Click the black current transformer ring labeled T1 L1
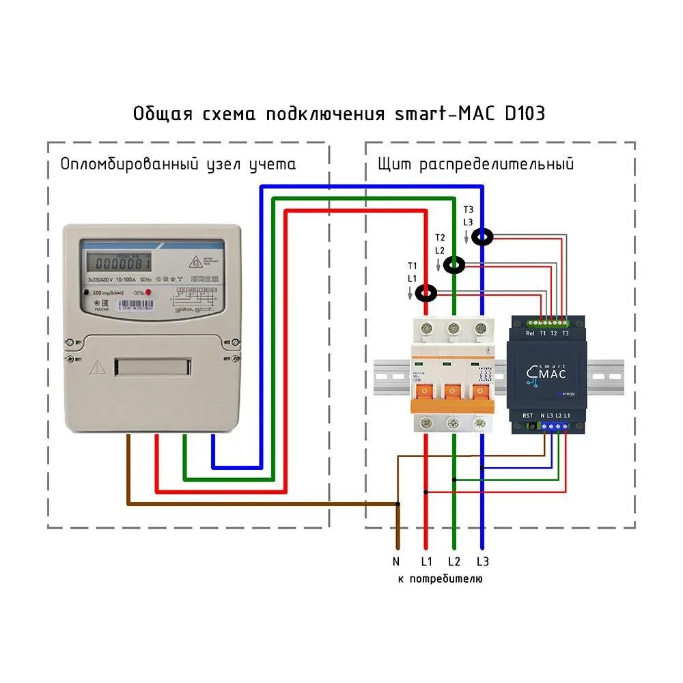click(x=427, y=294)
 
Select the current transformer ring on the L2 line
click(x=455, y=265)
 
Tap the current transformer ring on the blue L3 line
click(x=483, y=236)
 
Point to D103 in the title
click(x=525, y=113)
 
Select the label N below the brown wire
click(x=396, y=561)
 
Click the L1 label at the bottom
click(x=426, y=561)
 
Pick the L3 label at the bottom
click(x=483, y=561)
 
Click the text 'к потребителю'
click(x=440, y=579)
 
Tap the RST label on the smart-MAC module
click(x=527, y=415)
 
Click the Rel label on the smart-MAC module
click(x=530, y=334)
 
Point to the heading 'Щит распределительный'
click(x=475, y=165)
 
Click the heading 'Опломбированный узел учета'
click(x=178, y=165)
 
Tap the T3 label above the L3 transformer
click(x=468, y=210)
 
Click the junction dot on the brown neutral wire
click(x=397, y=504)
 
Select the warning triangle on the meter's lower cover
click(x=97, y=367)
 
